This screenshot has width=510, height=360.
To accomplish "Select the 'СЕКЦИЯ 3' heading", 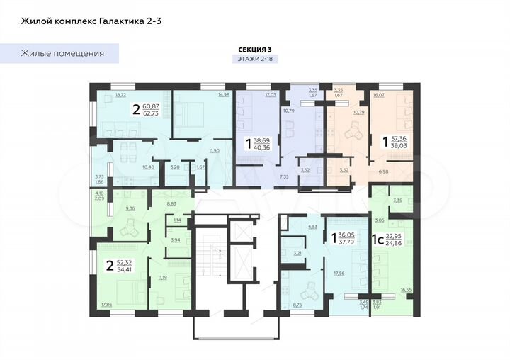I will (254, 49).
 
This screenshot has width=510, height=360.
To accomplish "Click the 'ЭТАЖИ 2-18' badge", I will (254, 60).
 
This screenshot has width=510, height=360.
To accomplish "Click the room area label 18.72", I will (120, 94).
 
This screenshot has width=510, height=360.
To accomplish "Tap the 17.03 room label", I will (271, 94).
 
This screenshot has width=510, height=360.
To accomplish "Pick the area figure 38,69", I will (261, 141).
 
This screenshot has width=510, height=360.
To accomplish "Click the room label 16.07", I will (379, 94).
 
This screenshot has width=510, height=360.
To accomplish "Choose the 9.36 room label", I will (130, 208).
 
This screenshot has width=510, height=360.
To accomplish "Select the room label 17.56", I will (339, 271).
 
